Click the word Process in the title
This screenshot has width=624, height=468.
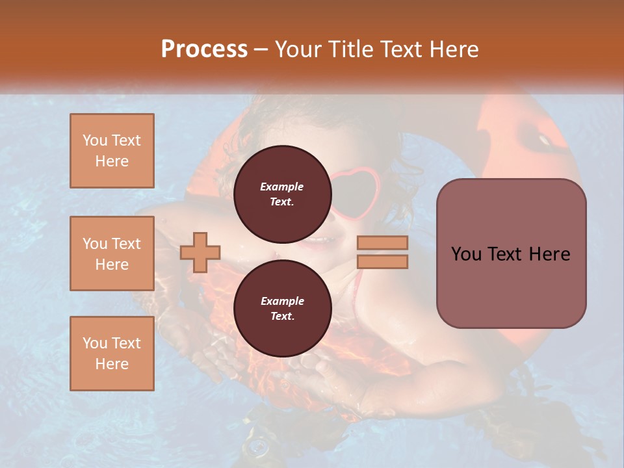coord(204,49)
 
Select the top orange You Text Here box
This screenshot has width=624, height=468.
coord(112,151)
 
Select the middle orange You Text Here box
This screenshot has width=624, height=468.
coord(112,253)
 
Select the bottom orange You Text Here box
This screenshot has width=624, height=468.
coord(112,354)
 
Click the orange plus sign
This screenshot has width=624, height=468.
coord(200,252)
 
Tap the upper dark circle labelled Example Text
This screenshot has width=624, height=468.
coord(282,194)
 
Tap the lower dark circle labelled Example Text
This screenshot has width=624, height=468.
coord(282,308)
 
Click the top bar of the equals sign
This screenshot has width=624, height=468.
coord(382,243)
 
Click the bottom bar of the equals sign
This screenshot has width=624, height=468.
coord(382,261)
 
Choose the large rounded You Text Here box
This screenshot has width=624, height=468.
coord(511,253)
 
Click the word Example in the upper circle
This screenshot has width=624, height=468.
coord(282,187)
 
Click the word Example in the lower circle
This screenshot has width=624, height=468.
coord(282,301)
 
